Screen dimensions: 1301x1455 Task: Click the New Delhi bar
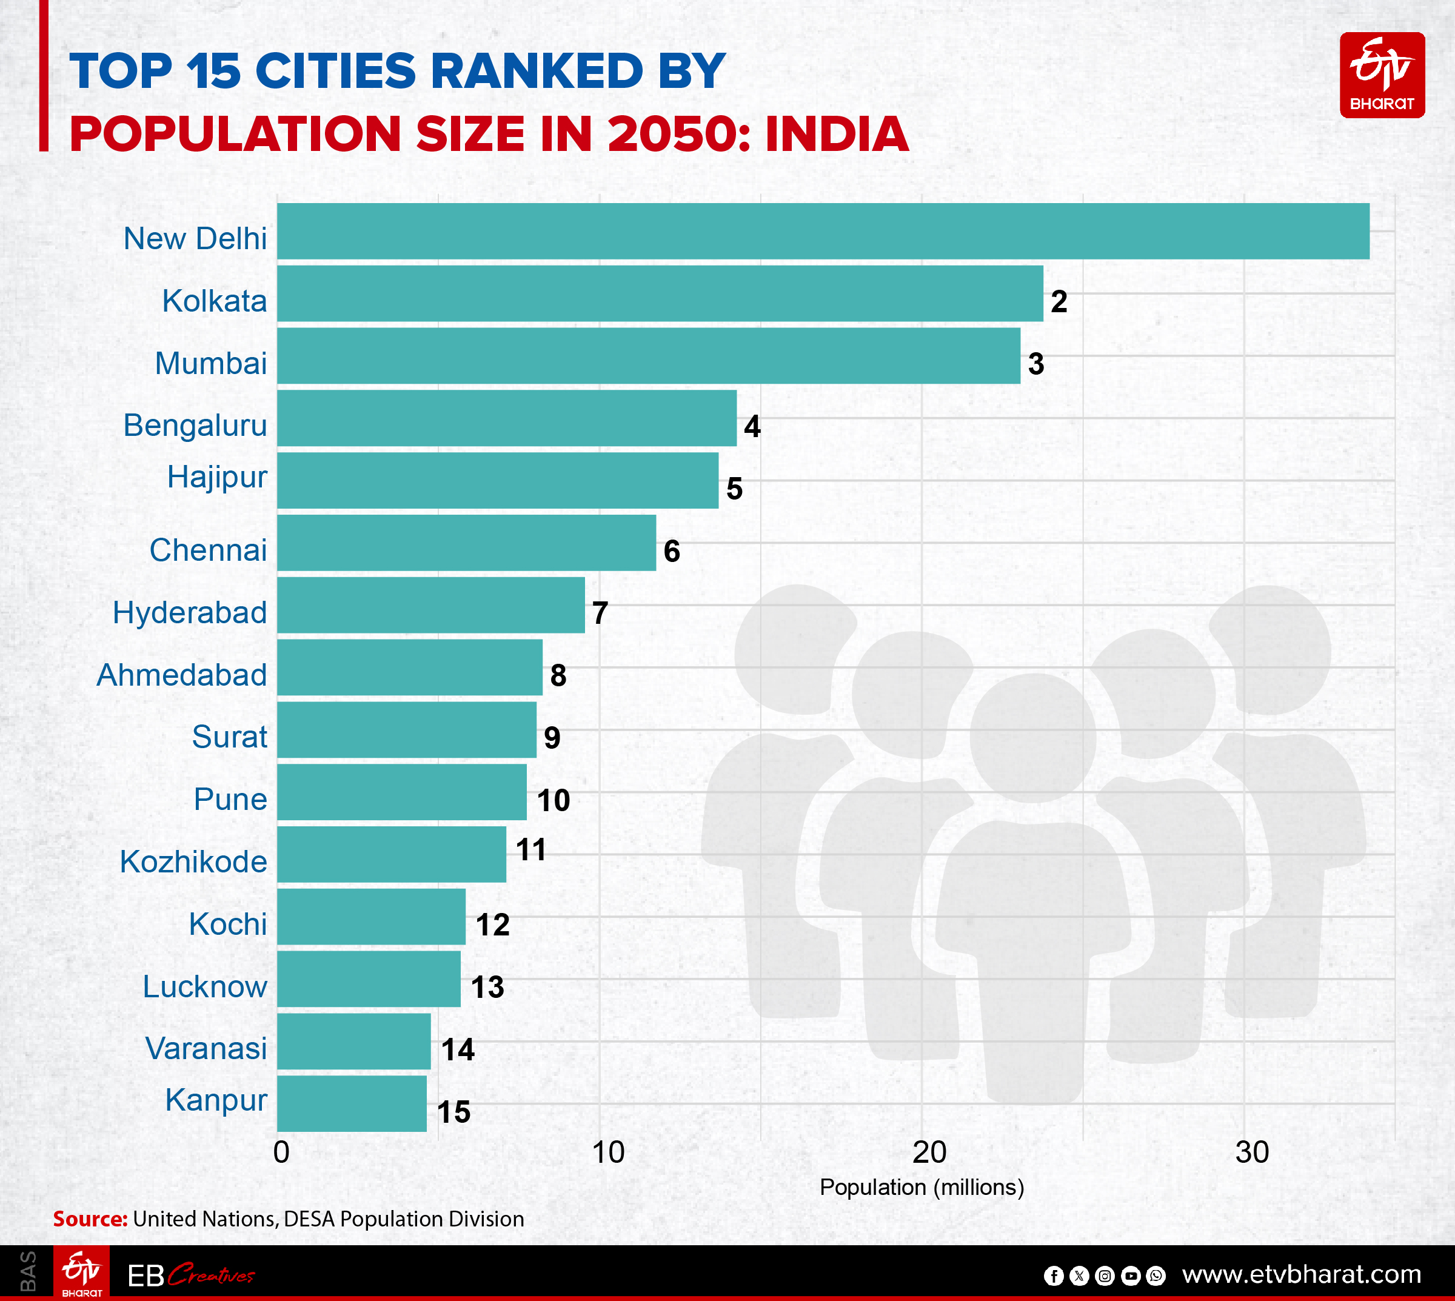point(822,231)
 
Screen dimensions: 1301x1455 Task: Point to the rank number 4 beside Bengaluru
point(752,427)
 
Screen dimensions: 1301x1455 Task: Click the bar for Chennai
point(466,543)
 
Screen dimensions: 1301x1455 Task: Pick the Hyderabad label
point(190,613)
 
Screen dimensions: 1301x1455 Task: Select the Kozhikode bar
point(392,854)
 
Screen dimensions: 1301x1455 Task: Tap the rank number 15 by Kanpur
point(454,1112)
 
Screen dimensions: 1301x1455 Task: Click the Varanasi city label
point(206,1049)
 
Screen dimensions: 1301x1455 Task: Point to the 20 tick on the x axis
point(929,1152)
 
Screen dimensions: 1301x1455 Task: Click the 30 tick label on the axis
point(1252,1152)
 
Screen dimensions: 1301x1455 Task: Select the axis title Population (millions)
point(921,1188)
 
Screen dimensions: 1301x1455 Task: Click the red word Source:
point(90,1219)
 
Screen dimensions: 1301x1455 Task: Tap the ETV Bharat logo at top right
point(1382,75)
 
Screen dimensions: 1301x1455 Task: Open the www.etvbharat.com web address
point(1301,1274)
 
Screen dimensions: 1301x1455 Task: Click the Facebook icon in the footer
point(1053,1276)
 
